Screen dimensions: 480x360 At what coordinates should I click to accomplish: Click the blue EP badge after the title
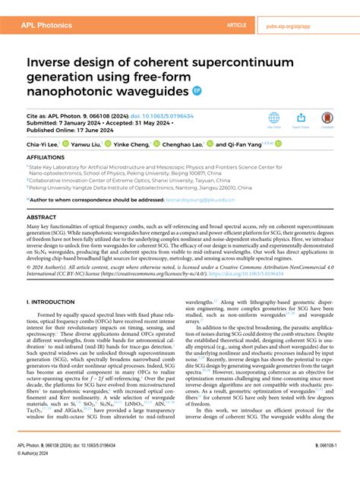pos(198,91)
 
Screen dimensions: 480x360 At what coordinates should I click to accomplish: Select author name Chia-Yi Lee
pos(43,144)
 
